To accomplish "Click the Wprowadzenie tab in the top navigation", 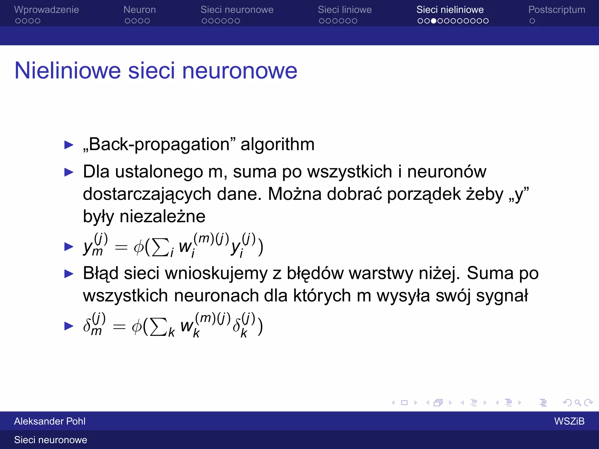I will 47,10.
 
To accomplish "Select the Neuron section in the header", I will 140,10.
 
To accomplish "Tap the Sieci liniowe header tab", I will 345,10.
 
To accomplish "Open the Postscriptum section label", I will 557,10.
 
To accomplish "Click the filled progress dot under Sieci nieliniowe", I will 434,21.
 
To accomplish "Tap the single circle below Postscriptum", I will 532,21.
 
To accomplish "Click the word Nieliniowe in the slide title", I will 68,71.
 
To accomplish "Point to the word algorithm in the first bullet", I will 277,144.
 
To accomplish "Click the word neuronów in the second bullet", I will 447,172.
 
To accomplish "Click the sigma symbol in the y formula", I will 160,247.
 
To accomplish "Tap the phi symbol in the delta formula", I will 137,327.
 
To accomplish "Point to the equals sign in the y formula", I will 121,248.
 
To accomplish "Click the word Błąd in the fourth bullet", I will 101,274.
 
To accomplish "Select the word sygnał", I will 502,296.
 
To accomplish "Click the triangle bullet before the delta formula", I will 69,326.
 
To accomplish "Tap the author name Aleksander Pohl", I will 50,421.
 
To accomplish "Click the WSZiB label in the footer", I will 569,421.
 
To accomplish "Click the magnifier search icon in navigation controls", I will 578,403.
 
